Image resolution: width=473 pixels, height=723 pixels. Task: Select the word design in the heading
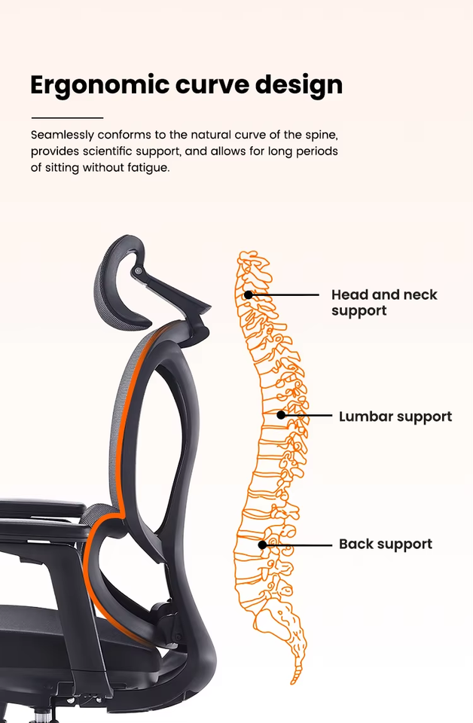[299, 84]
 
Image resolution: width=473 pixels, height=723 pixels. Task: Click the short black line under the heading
[67, 117]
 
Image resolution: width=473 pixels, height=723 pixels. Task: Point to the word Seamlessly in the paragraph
[63, 135]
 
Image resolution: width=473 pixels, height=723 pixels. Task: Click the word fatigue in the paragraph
[148, 167]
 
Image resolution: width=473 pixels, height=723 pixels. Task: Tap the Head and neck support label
[384, 302]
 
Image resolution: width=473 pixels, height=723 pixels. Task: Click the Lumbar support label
[395, 416]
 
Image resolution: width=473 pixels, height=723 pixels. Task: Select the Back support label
[386, 544]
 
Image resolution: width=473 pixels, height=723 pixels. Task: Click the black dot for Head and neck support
[249, 294]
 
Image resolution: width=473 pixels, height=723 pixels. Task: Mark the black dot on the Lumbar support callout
[281, 415]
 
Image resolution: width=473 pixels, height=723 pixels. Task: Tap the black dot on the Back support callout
[262, 545]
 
